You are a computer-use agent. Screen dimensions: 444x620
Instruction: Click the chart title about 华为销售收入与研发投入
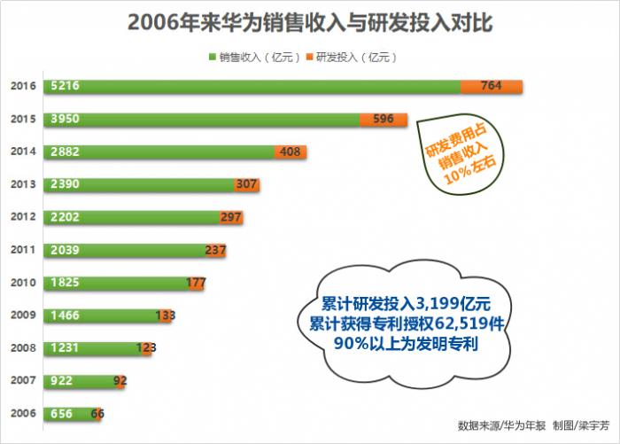tap(310, 22)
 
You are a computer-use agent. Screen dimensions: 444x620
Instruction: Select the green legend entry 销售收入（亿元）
tap(253, 58)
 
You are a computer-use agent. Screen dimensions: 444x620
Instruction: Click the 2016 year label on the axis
tap(23, 87)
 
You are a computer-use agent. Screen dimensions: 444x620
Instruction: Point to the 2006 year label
tap(23, 414)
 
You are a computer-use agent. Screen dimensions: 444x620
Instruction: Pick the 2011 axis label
tap(23, 251)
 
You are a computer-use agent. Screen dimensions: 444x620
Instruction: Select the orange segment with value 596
tap(384, 120)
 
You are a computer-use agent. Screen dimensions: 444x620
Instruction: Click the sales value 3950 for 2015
tap(66, 120)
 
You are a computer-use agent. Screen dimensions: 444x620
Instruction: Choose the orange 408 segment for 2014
tap(291, 152)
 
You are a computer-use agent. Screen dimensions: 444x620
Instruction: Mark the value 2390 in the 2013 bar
tap(66, 185)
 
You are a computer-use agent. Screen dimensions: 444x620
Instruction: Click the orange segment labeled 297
tap(231, 218)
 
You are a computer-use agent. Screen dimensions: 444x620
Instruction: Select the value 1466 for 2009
tap(66, 316)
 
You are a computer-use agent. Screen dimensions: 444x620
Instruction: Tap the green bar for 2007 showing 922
tap(80, 381)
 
